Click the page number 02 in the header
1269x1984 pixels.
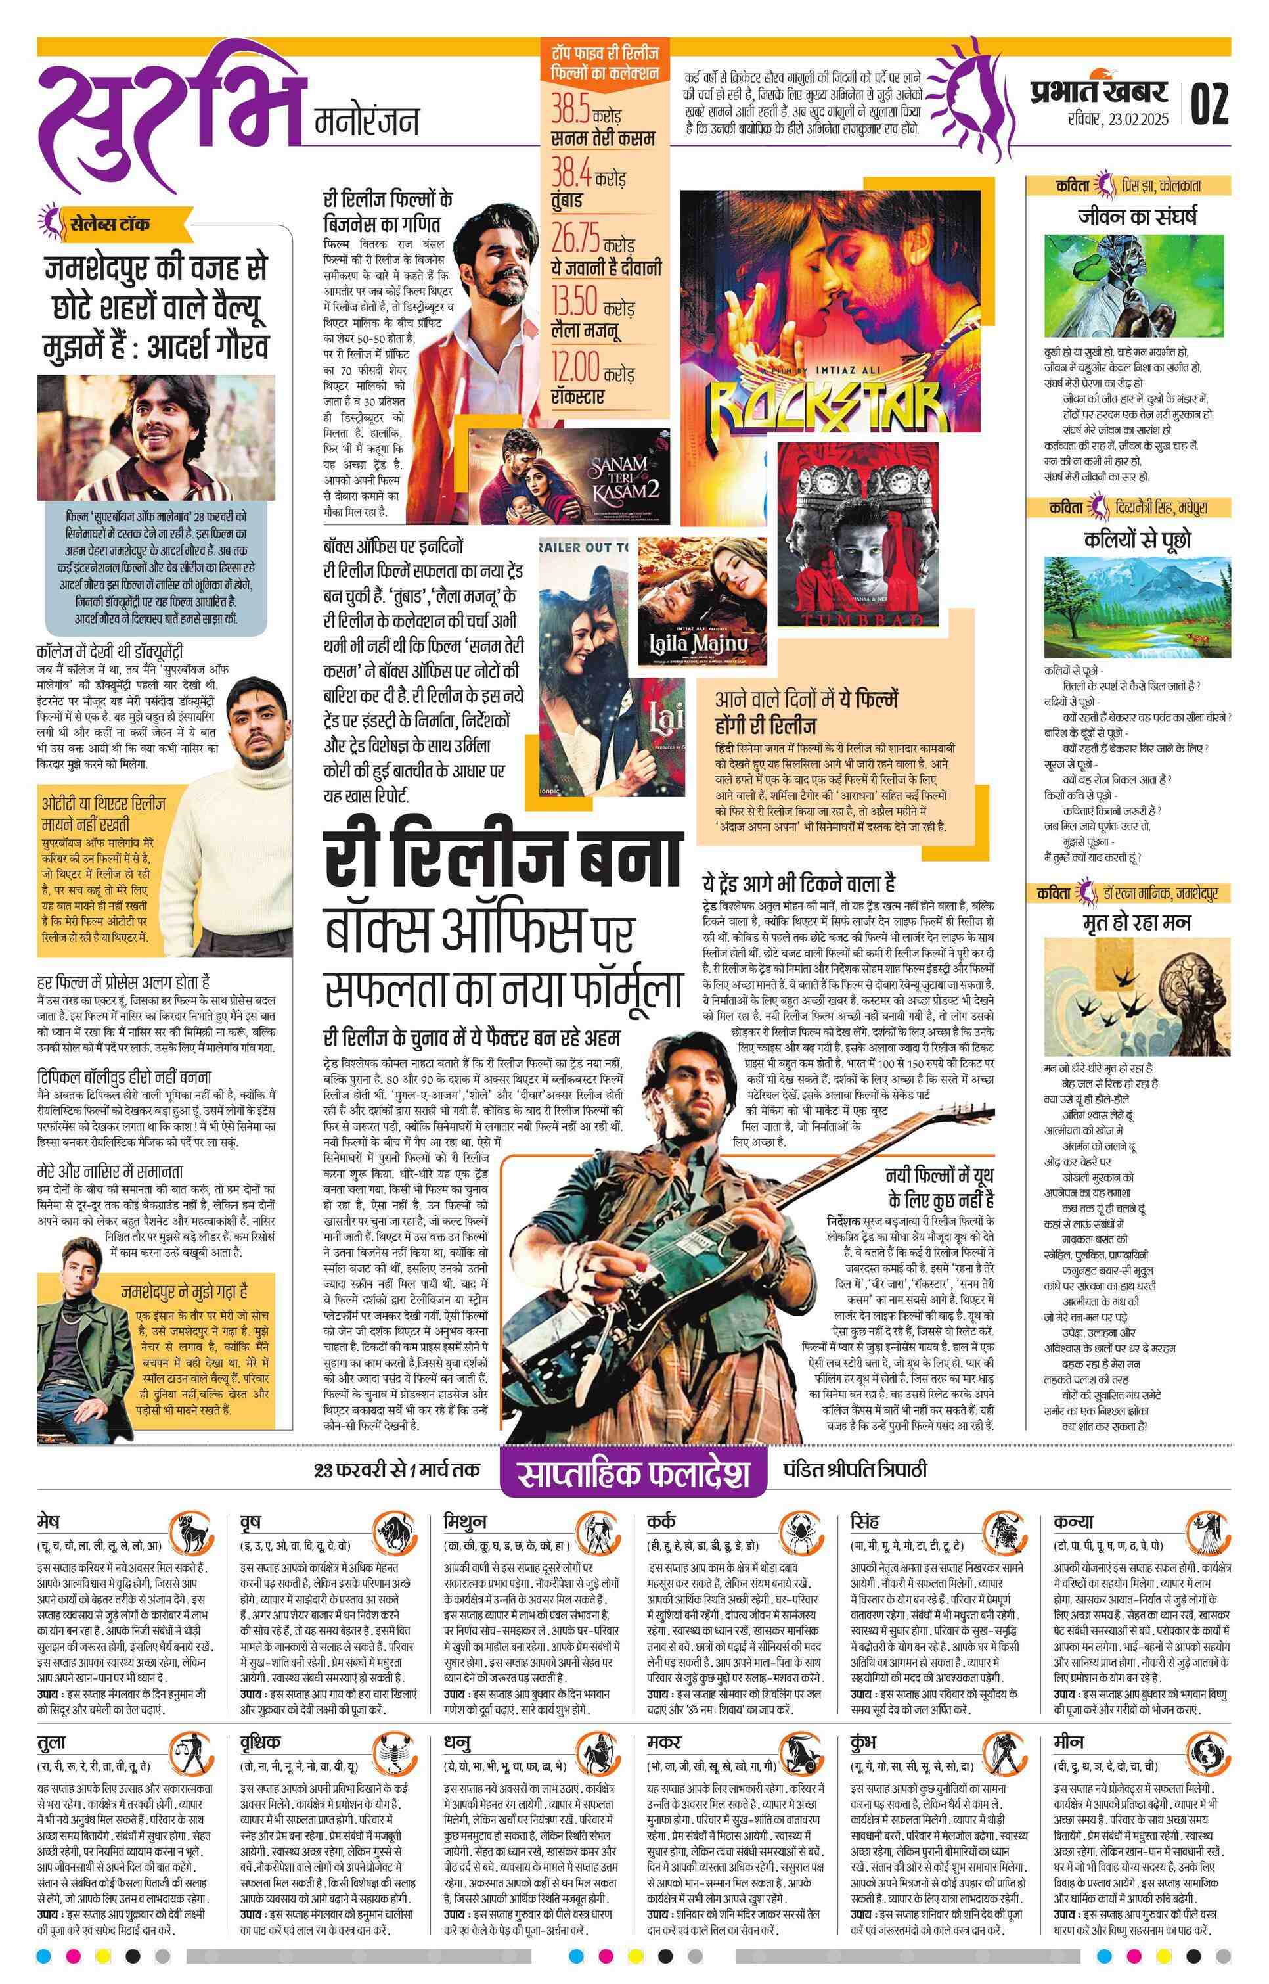pos(1209,104)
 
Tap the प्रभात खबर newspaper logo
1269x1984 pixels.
pos(1098,91)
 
